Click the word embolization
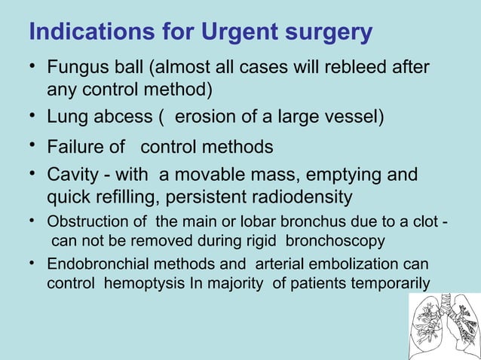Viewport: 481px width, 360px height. (x=354, y=265)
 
